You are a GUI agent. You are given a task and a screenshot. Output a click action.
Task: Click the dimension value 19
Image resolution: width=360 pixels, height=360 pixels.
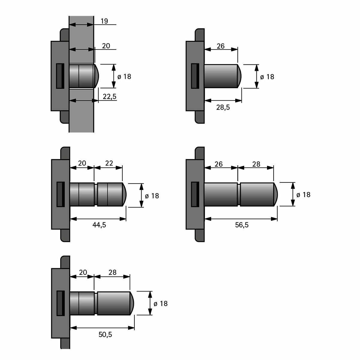(x=104, y=21)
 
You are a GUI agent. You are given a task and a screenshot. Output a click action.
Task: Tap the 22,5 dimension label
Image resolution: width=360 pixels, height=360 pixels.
(x=109, y=96)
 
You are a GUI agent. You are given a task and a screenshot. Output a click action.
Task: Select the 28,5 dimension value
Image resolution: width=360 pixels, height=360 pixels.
(x=223, y=107)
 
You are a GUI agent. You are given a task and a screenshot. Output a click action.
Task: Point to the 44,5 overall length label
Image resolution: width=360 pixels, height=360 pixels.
(x=99, y=225)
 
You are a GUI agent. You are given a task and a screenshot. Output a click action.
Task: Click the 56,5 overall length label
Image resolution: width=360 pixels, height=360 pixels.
(x=242, y=225)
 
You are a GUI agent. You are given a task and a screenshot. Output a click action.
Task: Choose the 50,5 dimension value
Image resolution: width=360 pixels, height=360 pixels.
(x=105, y=334)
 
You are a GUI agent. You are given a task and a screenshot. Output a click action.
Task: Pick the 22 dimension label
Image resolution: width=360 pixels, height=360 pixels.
(x=109, y=163)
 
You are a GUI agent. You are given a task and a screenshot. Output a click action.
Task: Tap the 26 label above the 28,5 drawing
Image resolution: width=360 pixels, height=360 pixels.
(x=220, y=46)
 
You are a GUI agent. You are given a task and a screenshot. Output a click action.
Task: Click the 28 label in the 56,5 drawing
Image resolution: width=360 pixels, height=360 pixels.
(x=256, y=164)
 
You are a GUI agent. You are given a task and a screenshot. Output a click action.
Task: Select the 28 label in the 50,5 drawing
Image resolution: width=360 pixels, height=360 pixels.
(x=112, y=273)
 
